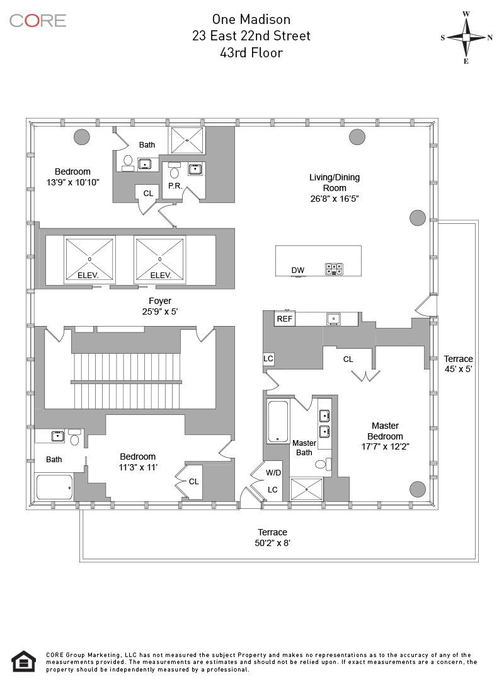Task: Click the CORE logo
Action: (x=38, y=20)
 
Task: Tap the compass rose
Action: (x=466, y=37)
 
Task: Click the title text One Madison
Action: (x=251, y=20)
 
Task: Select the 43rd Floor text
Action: (x=251, y=52)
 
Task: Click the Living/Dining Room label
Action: (x=334, y=183)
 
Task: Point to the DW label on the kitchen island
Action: (x=298, y=271)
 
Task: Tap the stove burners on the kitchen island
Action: (x=333, y=269)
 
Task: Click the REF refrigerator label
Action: (x=285, y=319)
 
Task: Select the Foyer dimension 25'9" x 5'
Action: (x=160, y=311)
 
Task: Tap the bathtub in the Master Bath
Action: (x=278, y=421)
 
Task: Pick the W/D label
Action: (x=273, y=472)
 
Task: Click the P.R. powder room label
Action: (x=175, y=186)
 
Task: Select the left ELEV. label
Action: (x=89, y=276)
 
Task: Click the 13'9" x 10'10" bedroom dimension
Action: (x=72, y=182)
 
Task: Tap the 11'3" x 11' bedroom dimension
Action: (x=137, y=467)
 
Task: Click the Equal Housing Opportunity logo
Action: (x=23, y=661)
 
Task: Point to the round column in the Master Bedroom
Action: (x=417, y=489)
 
